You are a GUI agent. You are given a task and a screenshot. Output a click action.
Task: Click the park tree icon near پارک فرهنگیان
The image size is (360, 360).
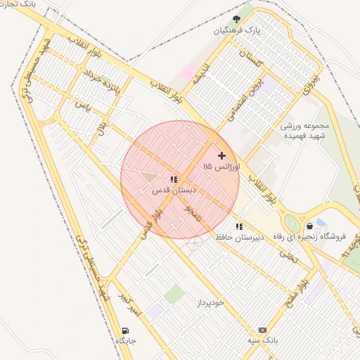[x=236, y=19]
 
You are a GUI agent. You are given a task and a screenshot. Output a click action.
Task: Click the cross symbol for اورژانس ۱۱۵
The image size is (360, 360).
[x=222, y=155]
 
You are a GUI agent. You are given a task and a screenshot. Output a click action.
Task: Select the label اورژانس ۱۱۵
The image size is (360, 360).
[x=221, y=167]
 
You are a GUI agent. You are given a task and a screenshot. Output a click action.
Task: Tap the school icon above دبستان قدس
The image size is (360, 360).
[x=174, y=179]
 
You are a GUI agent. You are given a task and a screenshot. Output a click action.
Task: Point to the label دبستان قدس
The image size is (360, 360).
[x=173, y=191]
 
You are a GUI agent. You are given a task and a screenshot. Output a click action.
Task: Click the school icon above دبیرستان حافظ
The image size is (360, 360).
[x=239, y=226]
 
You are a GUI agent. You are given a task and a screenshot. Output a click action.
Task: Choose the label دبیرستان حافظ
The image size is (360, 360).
[x=239, y=238]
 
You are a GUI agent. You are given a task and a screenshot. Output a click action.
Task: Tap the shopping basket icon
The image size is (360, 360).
[x=310, y=226]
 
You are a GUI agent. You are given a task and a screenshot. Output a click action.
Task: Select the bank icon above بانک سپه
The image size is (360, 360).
[x=262, y=329]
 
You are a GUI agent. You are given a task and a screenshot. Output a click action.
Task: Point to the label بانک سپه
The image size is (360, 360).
[x=262, y=340]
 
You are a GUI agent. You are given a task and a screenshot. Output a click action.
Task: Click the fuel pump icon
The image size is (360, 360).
[x=125, y=330]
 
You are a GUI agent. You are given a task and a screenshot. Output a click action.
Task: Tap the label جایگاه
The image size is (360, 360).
[x=125, y=341]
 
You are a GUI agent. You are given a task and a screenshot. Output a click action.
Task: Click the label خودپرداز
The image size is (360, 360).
[x=210, y=302]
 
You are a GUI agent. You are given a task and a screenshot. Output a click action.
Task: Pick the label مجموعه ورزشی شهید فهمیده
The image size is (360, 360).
[x=305, y=131]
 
